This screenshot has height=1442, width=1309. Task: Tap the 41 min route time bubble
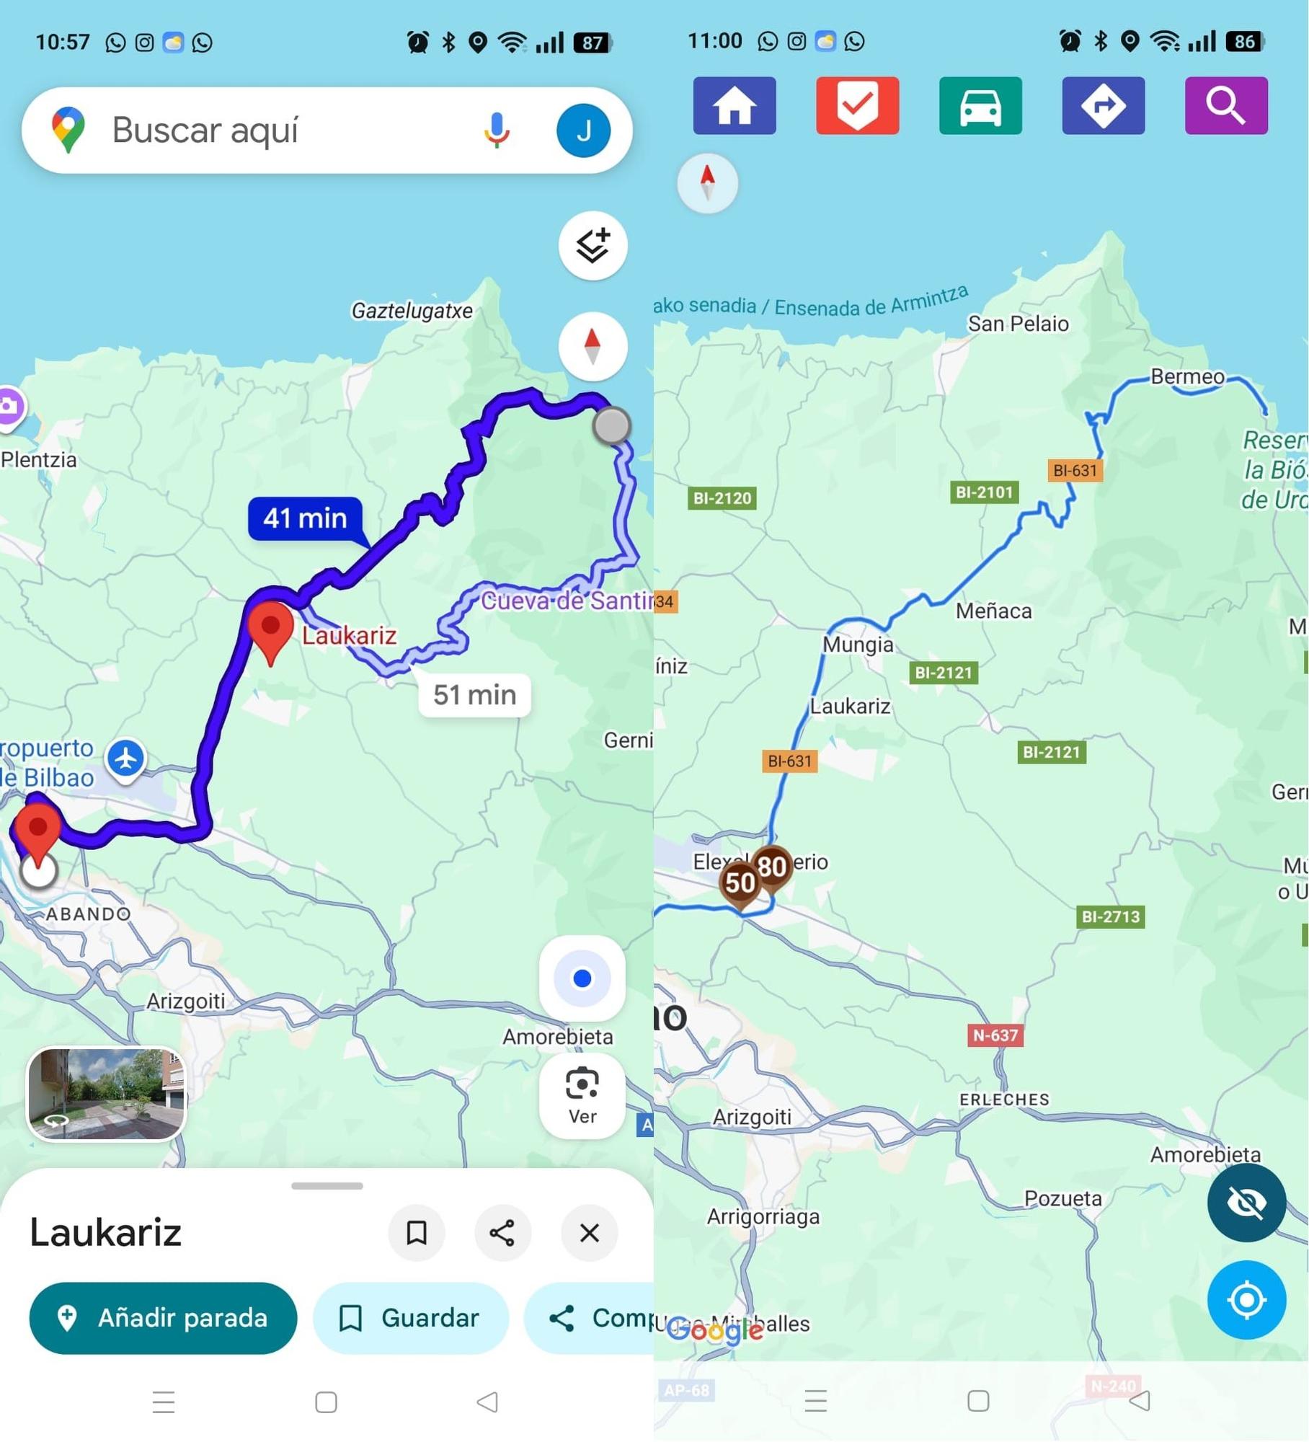click(305, 518)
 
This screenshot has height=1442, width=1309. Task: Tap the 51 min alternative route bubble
click(474, 694)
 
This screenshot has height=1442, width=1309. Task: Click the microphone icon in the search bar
click(496, 131)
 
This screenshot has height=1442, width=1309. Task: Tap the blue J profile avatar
click(583, 131)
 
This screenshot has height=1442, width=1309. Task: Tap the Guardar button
click(410, 1318)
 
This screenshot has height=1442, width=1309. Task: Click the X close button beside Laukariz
click(589, 1233)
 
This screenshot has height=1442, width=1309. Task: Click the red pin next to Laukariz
click(270, 629)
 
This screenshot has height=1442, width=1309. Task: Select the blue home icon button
click(735, 106)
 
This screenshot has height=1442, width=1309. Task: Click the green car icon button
click(980, 106)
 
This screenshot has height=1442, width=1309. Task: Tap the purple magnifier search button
click(1226, 106)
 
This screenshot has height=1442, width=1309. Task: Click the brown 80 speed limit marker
click(772, 867)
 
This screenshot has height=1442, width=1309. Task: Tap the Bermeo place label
click(1187, 376)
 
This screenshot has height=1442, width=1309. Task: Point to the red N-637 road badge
click(995, 1035)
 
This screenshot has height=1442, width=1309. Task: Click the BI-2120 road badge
click(722, 497)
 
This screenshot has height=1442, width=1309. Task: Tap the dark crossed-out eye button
click(1246, 1202)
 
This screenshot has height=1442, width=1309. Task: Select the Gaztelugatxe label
click(412, 311)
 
